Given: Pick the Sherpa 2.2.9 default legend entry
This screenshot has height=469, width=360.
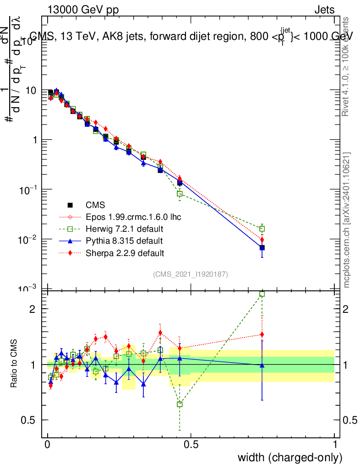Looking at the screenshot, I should coord(125,252).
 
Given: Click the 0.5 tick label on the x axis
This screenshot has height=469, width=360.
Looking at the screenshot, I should coord(191,445).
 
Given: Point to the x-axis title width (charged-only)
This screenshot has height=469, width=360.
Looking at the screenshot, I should coord(289,458).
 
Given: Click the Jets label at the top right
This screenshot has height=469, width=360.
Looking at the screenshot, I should coord(324,10).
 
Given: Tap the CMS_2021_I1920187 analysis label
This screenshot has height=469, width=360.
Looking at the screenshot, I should coord(191,274).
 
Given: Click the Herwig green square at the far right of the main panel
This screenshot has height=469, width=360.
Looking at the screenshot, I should coord(262,229).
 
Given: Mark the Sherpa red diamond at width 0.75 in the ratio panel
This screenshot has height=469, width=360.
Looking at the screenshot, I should coord(262,334).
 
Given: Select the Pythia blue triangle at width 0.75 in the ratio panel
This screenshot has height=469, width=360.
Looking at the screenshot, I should coord(262,365).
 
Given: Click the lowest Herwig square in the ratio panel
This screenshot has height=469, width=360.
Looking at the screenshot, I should coord(180,404).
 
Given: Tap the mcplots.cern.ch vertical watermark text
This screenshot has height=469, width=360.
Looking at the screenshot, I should coord(347,220).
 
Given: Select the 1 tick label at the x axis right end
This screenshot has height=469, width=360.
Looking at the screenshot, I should coord(335,445).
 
